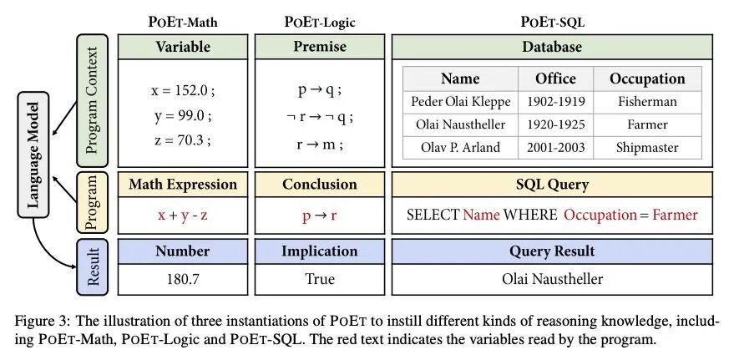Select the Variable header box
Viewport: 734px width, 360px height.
(x=183, y=48)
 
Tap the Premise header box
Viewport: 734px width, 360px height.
(x=319, y=48)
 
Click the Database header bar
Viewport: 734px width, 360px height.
(x=552, y=48)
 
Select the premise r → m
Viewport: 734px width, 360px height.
(x=319, y=144)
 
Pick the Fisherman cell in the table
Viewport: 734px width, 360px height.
(x=647, y=102)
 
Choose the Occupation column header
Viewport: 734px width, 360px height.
(x=647, y=79)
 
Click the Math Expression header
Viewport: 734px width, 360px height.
(x=183, y=184)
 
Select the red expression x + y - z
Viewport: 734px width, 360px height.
(x=183, y=215)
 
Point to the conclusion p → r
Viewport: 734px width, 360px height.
(x=319, y=215)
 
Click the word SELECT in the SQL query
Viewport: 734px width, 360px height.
(x=433, y=215)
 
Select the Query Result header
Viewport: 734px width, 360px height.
(x=552, y=251)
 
